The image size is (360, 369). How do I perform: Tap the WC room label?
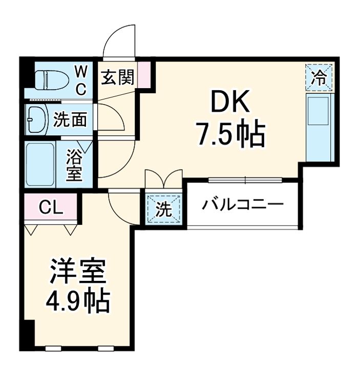81,79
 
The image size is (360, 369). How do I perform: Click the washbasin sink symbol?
37,119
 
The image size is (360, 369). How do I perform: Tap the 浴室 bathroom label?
75,164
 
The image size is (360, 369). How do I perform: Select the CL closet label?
51,208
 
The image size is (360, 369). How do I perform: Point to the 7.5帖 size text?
229,134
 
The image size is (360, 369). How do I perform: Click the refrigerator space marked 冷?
320,78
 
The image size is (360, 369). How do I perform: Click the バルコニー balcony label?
242,206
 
